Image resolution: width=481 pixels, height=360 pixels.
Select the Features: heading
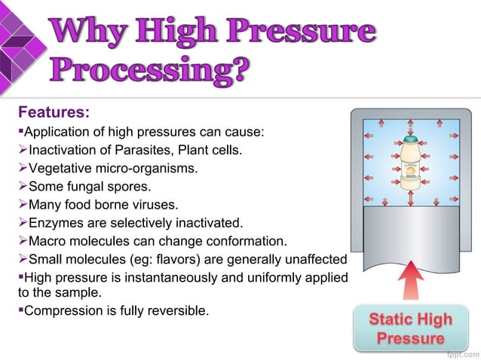pyautogui.click(x=54, y=113)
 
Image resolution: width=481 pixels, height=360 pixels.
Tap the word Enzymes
pyautogui.click(x=53, y=223)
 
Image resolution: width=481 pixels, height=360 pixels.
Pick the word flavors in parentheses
pyautogui.click(x=173, y=259)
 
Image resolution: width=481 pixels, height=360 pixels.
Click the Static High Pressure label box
pyautogui.click(x=409, y=328)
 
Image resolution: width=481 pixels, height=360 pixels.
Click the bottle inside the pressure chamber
pyautogui.click(x=409, y=166)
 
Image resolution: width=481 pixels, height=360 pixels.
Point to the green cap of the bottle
pyautogui.click(x=409, y=139)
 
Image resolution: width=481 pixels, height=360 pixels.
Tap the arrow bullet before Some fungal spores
pyautogui.click(x=22, y=187)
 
